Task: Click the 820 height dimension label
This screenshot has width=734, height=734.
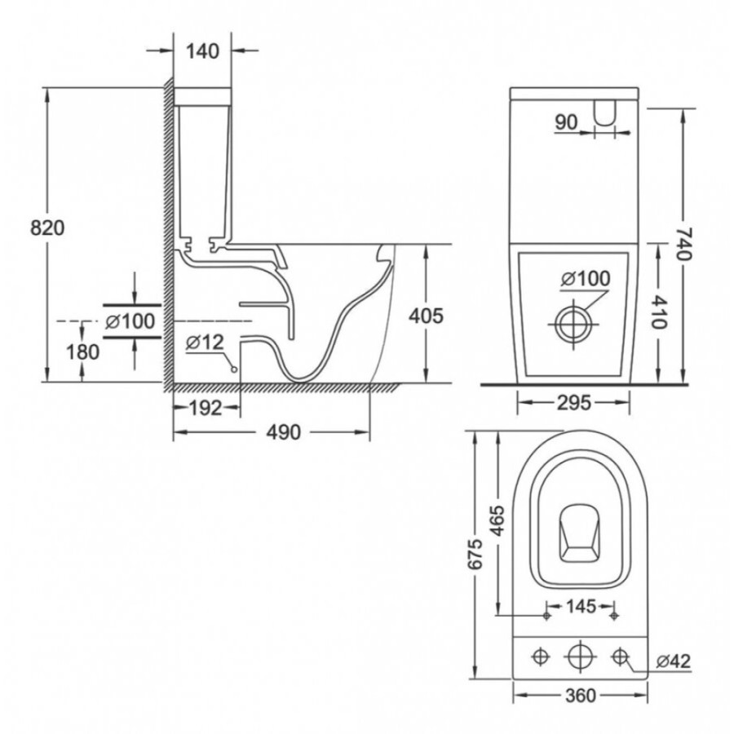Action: pyautogui.click(x=47, y=228)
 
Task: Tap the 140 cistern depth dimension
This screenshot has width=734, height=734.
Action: pyautogui.click(x=202, y=51)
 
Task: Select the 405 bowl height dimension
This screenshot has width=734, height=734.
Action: pyautogui.click(x=426, y=316)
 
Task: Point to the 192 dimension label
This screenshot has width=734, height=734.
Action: pyautogui.click(x=206, y=409)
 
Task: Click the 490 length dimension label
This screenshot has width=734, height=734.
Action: pyautogui.click(x=284, y=432)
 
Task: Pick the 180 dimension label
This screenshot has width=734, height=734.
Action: pyautogui.click(x=82, y=352)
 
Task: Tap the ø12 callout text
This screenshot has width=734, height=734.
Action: pyautogui.click(x=205, y=343)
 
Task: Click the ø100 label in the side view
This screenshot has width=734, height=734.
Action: pyautogui.click(x=130, y=321)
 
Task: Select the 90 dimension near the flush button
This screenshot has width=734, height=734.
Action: pyautogui.click(x=567, y=122)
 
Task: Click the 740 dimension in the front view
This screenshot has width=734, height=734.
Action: pyautogui.click(x=684, y=244)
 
